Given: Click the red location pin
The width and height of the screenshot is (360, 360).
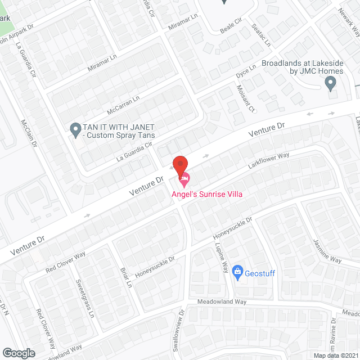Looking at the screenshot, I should pyautogui.click(x=179, y=166).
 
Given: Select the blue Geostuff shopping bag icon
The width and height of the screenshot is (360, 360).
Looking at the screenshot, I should pyautogui.click(x=237, y=272).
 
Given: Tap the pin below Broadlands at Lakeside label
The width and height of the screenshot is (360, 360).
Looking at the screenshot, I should pyautogui.click(x=331, y=84).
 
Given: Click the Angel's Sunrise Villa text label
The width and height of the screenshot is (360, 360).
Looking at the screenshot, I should pyautogui.click(x=208, y=194).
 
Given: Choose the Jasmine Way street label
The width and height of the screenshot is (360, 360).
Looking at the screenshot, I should pyautogui.click(x=327, y=251).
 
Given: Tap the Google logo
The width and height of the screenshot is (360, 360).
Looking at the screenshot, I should pyautogui.click(x=18, y=353).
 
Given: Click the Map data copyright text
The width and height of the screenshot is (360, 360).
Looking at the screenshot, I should pyautogui.click(x=336, y=355).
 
